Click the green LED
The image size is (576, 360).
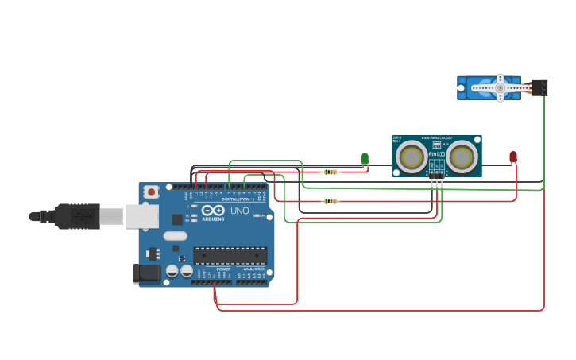point(365,159)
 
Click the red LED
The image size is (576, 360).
point(513,157)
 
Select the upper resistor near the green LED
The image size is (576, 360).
point(330,172)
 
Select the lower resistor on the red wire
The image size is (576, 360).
point(330,201)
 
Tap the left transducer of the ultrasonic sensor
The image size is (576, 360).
point(412,157)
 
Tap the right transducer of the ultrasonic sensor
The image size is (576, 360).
point(462,157)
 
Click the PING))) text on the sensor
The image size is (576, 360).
point(436,154)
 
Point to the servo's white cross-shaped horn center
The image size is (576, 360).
point(500,87)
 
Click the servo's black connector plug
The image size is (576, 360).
point(540,87)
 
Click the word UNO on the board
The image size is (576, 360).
point(240,211)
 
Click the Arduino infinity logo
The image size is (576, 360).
point(212,211)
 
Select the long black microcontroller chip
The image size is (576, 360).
point(230,255)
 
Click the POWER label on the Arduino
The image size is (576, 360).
point(223,269)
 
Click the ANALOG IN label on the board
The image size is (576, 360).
point(254,269)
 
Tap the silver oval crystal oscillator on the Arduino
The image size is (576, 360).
point(175,236)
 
